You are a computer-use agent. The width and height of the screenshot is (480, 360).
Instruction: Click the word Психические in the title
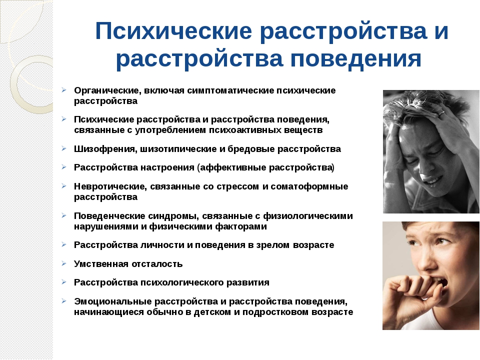pos(173,31)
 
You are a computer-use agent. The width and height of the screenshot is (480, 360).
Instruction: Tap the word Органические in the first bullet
pos(107,91)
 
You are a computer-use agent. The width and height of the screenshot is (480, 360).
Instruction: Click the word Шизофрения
pos(105,149)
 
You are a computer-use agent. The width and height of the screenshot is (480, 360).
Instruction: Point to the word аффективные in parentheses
pos(233,168)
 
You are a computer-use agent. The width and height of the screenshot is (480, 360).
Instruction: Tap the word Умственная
pos(101,264)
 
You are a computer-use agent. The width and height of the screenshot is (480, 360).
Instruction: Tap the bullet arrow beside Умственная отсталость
pos(63,263)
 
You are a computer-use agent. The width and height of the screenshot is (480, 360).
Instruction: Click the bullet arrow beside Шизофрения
pos(63,148)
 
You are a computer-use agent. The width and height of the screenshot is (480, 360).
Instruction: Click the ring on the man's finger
pos(441,113)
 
